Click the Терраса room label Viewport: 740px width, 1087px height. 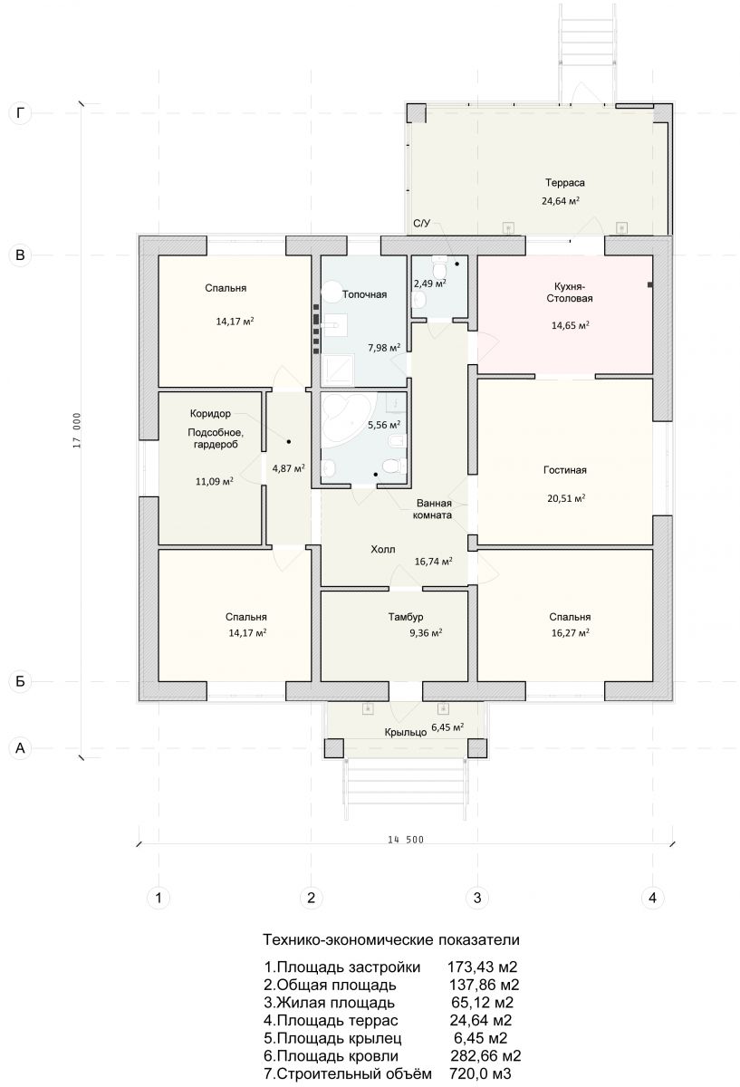click(x=564, y=183)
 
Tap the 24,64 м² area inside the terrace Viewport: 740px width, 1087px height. click(x=561, y=200)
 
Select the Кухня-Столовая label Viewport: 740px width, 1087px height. click(x=569, y=292)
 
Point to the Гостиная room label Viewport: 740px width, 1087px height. click(x=565, y=470)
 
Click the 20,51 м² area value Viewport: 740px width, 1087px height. click(x=566, y=498)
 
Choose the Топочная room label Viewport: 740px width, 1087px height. click(x=364, y=294)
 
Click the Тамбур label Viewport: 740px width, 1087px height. click(x=406, y=617)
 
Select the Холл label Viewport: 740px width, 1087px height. click(x=383, y=549)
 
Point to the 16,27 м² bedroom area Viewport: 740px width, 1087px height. click(x=570, y=632)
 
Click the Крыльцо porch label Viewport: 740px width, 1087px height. click(x=406, y=732)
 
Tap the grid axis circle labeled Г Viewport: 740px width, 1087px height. click(x=20, y=113)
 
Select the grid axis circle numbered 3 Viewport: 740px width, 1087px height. click(x=477, y=898)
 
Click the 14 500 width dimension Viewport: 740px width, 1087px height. click(x=406, y=840)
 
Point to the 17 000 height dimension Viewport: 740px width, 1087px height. click(x=77, y=430)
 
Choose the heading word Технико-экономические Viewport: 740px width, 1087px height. click(x=349, y=940)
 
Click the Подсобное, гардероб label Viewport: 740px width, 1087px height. click(x=216, y=438)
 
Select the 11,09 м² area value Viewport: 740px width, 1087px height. click(x=215, y=481)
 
